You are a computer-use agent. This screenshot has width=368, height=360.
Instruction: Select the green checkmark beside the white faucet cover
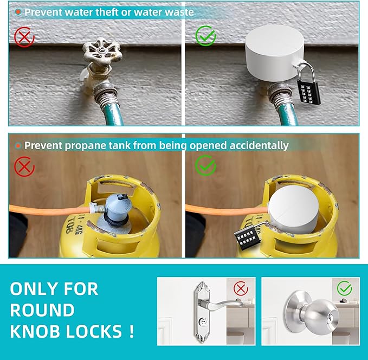[x=205, y=36]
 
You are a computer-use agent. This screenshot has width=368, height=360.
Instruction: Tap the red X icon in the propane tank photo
[x=24, y=166]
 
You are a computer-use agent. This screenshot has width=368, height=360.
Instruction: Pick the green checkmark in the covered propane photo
[x=205, y=166]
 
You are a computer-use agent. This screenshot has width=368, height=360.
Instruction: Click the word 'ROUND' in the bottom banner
[x=42, y=310]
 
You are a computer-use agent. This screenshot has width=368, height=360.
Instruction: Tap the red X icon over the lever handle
[x=241, y=288]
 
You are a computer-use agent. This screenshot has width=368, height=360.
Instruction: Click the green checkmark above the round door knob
[x=344, y=288]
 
